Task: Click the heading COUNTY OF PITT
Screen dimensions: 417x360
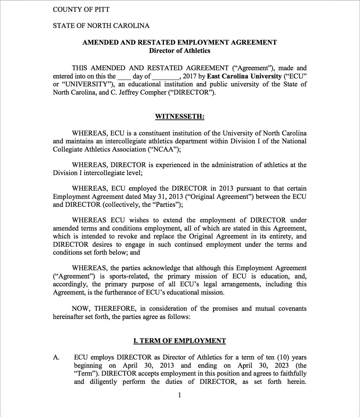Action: pyautogui.click(x=81, y=9)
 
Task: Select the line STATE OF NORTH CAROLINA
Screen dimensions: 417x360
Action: pyautogui.click(x=101, y=26)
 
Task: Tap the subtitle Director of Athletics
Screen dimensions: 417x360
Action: pyautogui.click(x=179, y=51)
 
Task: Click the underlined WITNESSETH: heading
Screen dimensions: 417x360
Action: pyautogui.click(x=179, y=116)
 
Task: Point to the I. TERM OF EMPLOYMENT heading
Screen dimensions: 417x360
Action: pyautogui.click(x=179, y=341)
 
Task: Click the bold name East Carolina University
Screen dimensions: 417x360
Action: pyautogui.click(x=244, y=76)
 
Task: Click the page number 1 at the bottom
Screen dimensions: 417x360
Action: pyautogui.click(x=179, y=395)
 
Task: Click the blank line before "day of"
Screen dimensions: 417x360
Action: pyautogui.click(x=124, y=77)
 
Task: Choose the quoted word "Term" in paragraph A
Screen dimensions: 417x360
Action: pyautogui.click(x=85, y=374)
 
